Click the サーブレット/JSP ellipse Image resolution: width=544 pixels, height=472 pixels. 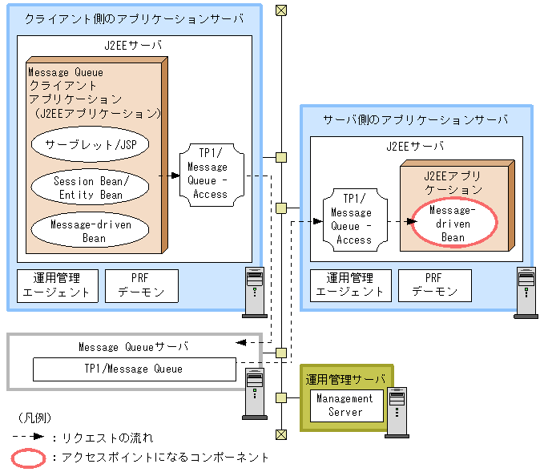tap(90, 145)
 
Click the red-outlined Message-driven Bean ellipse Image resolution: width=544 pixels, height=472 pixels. tap(453, 224)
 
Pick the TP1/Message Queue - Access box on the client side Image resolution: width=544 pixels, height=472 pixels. tap(207, 173)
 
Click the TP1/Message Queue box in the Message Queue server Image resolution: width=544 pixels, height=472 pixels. tap(134, 369)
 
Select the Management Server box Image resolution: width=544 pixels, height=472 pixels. tap(345, 405)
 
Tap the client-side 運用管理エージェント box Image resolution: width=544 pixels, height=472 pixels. tap(58, 285)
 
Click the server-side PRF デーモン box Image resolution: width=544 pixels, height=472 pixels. tap(433, 285)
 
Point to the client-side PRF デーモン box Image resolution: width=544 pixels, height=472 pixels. tap(141, 285)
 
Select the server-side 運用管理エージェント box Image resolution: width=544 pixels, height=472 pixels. tap(349, 285)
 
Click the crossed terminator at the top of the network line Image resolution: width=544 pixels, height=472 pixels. tap(280, 10)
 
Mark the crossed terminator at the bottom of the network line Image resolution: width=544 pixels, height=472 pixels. tap(280, 434)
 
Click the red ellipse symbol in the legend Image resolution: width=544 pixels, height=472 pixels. tap(30, 458)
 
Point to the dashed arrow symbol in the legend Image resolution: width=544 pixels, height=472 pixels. tap(28, 438)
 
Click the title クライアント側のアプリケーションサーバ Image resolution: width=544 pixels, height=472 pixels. tap(134, 19)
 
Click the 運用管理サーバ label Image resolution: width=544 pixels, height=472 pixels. tap(345, 379)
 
